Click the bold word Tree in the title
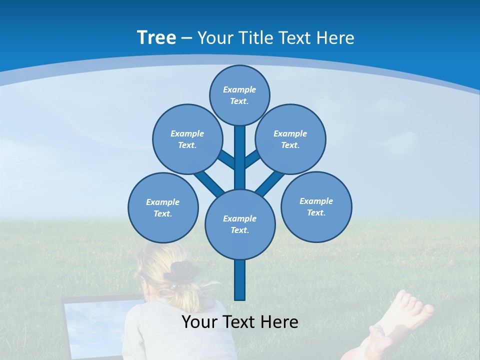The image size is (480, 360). click(156, 37)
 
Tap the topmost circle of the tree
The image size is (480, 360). click(239, 95)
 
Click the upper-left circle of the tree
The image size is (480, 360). click(187, 139)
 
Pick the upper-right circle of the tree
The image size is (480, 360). click(290, 139)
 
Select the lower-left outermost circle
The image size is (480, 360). click(163, 207)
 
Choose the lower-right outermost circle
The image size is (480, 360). click(316, 206)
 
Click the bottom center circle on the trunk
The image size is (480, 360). click(240, 224)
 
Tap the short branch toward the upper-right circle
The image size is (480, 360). click(252, 159)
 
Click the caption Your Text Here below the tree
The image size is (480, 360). click(239, 322)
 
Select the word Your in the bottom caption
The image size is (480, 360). click(198, 322)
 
